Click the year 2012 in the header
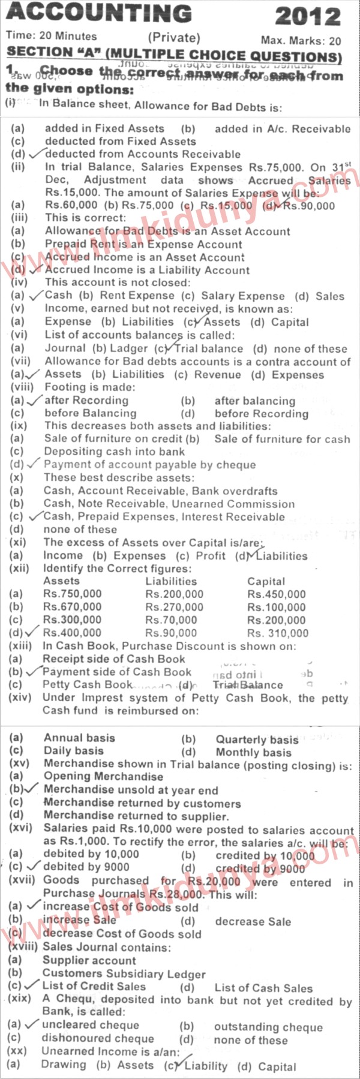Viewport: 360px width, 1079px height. click(307, 16)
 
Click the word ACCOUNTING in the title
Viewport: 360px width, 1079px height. click(100, 13)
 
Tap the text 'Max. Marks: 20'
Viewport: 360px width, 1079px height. click(301, 41)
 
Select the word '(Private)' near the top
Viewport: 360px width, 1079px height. click(173, 37)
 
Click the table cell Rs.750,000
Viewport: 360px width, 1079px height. click(73, 594)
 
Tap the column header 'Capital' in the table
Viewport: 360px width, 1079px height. click(266, 581)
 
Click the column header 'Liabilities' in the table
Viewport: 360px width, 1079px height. click(170, 581)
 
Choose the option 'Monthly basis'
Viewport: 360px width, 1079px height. click(253, 752)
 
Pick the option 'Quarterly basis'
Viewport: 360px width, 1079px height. click(257, 740)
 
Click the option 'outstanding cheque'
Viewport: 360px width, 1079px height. click(268, 1027)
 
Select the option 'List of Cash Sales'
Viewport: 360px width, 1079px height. click(263, 988)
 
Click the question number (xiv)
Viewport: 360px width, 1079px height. click(25, 698)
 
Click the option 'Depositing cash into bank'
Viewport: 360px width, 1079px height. click(114, 452)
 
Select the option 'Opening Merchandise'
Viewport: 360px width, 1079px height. click(103, 777)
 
